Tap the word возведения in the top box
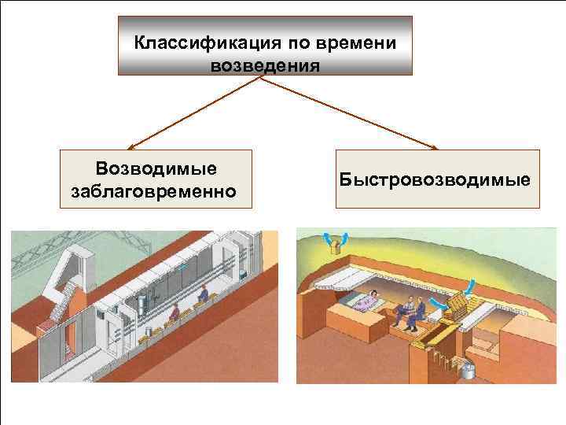click(x=266, y=63)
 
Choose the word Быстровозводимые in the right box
click(x=437, y=179)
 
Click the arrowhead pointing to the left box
click(x=130, y=146)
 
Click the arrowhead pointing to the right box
click(x=436, y=146)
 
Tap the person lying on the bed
click(x=367, y=300)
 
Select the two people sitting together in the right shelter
click(x=409, y=312)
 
